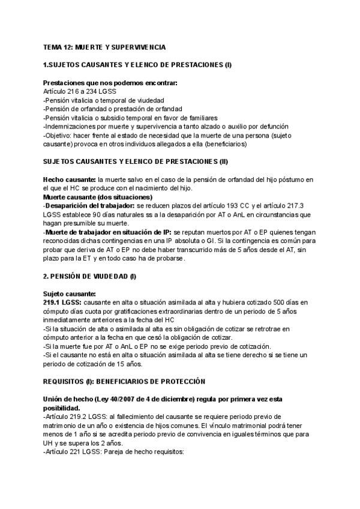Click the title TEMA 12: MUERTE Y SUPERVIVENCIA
[105, 47]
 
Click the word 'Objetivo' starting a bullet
[59, 135]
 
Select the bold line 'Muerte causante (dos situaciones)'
[97, 197]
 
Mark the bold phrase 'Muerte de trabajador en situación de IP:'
[108, 232]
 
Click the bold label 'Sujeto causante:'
[70, 294]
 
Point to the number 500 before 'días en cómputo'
[275, 303]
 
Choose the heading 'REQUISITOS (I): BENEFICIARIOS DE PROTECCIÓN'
[124, 381]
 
